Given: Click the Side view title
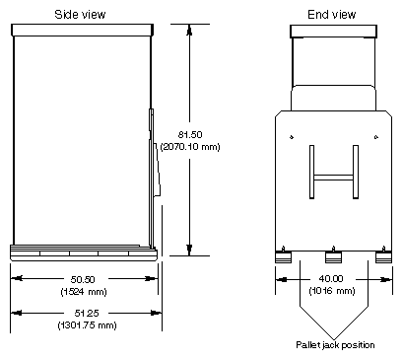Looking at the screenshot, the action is coord(80,15).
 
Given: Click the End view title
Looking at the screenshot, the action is coord(332,15).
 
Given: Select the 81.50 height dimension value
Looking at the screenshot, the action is coord(190,134).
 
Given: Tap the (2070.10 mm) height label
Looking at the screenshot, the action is coord(190,146).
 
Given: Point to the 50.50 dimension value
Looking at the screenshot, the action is coord(83,279).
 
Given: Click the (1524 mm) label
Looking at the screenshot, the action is coord(84,291).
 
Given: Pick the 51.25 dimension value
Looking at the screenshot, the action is coord(87,313).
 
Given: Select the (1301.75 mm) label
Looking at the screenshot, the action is coord(87,325).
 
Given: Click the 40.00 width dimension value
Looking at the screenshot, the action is coord(331,279).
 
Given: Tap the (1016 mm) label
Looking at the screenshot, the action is coord(332,291).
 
